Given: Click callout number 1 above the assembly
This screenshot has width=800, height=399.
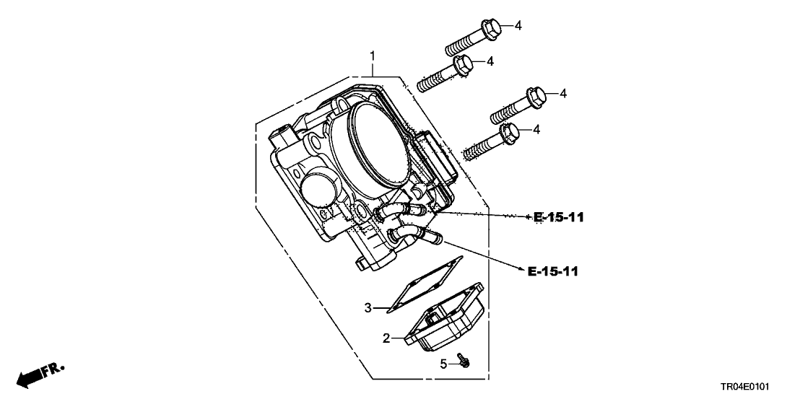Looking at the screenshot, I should pyautogui.click(x=373, y=56).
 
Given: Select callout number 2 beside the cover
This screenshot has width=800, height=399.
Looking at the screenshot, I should pyautogui.click(x=386, y=338).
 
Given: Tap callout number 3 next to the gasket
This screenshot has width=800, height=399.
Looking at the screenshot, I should pyautogui.click(x=368, y=308).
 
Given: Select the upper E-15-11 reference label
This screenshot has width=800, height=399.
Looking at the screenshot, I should pyautogui.click(x=559, y=217).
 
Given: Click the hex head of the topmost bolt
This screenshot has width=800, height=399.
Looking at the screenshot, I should pyautogui.click(x=492, y=27).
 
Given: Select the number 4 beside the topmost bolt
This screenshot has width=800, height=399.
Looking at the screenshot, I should pyautogui.click(x=518, y=26).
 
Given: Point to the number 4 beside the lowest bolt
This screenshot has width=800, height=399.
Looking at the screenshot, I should pyautogui.click(x=536, y=129).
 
